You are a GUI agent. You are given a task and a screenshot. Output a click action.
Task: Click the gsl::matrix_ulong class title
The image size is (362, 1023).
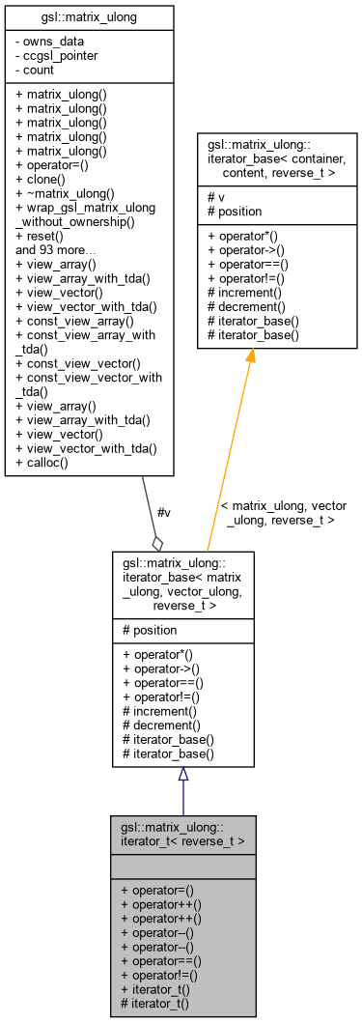[89, 16]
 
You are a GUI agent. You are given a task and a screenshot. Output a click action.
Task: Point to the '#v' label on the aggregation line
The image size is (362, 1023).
[163, 512]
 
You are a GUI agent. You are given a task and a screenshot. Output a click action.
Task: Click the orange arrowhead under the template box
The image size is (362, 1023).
[250, 355]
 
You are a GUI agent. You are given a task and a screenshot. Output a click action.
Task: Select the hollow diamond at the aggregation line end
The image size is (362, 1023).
[157, 543]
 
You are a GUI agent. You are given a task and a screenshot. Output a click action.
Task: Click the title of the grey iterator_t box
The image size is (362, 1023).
[182, 834]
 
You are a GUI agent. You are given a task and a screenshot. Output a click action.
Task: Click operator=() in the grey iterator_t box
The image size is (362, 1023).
[160, 888]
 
